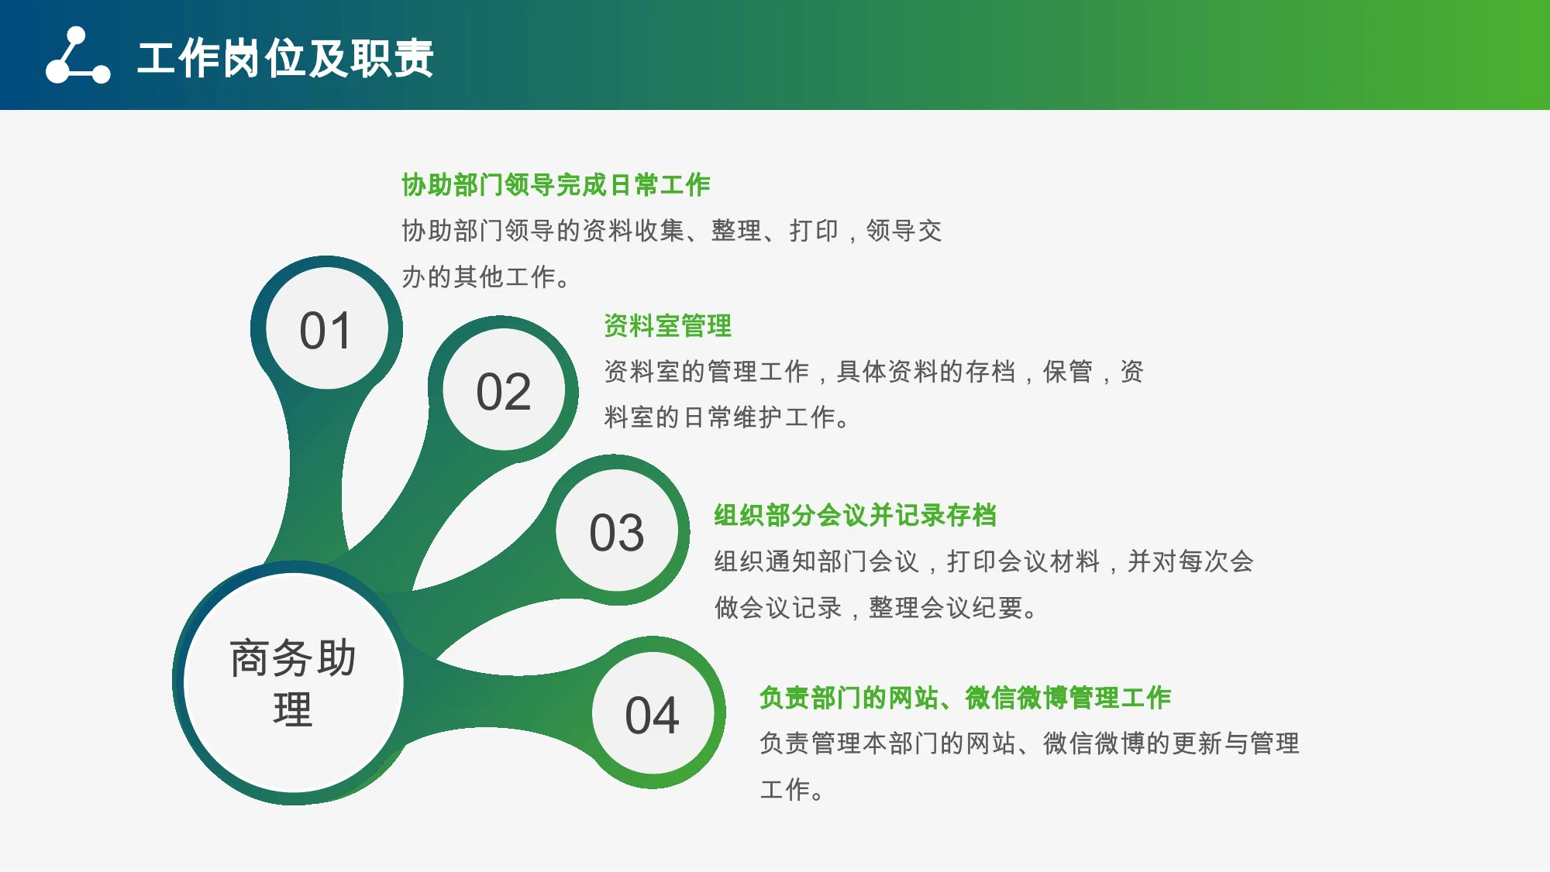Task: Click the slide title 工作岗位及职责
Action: (x=285, y=58)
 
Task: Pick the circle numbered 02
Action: (x=504, y=390)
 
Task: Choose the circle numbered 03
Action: (x=617, y=531)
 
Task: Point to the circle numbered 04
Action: (x=653, y=713)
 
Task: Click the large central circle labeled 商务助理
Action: (x=294, y=682)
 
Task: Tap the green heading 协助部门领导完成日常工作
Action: (x=556, y=185)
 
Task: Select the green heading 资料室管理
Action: (x=667, y=326)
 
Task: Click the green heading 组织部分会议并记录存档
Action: (x=855, y=515)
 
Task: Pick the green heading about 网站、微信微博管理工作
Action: (x=965, y=698)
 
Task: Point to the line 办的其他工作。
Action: (x=486, y=276)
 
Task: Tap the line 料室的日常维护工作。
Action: (x=728, y=417)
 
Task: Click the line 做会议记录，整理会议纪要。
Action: (x=877, y=608)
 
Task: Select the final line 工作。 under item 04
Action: (x=791, y=790)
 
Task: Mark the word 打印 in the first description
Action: (x=814, y=231)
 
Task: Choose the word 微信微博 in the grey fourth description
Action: (x=1094, y=743)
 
